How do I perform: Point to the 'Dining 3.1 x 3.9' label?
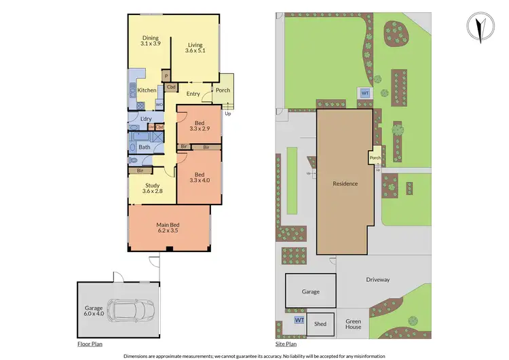[x=149, y=41]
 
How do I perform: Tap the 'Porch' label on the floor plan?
[x=223, y=90]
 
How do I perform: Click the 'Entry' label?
[x=193, y=94]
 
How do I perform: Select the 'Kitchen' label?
[x=147, y=90]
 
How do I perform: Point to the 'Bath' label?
[x=145, y=147]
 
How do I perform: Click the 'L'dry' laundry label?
[x=146, y=120]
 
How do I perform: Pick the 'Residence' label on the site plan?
[x=345, y=183]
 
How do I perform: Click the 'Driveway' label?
[x=377, y=279]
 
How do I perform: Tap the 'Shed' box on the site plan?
[x=320, y=324]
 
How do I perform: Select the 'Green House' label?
[x=353, y=324]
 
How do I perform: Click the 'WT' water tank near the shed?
[x=299, y=319]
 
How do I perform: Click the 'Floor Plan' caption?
[x=90, y=344]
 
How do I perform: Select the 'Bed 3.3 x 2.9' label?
[x=198, y=125]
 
